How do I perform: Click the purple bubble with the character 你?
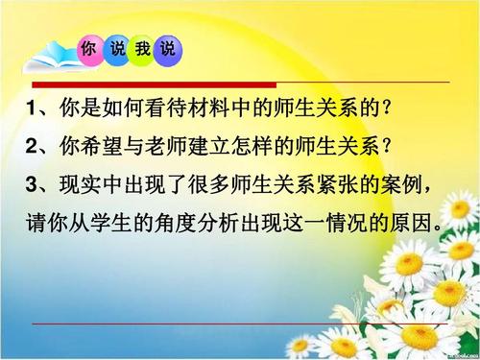coord(89,50)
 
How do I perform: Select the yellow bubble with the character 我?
coord(143,50)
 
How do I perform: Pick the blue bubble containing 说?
coord(170,50)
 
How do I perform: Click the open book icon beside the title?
coord(48,58)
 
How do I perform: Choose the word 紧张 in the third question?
coord(357,183)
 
